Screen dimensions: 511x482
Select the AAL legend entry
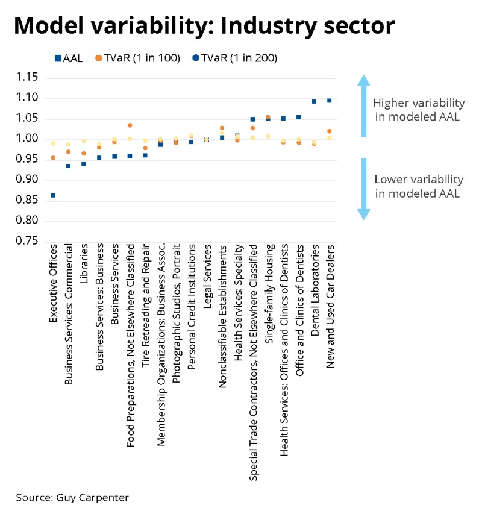tap(67, 58)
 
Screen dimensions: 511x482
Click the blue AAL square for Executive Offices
tap(53, 195)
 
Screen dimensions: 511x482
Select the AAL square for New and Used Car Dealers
tap(330, 101)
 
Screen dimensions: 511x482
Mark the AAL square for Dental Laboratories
tap(314, 101)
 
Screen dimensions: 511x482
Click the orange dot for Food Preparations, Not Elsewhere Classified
tap(130, 125)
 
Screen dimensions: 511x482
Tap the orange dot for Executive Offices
tap(53, 158)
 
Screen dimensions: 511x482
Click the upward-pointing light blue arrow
tap(363, 105)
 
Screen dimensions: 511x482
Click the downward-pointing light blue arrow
tap(363, 189)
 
